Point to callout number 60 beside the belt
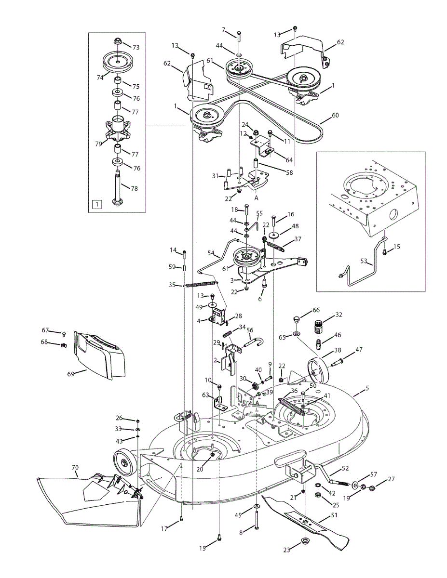coord(336,116)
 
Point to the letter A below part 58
coord(257,197)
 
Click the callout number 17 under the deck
coord(164,528)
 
